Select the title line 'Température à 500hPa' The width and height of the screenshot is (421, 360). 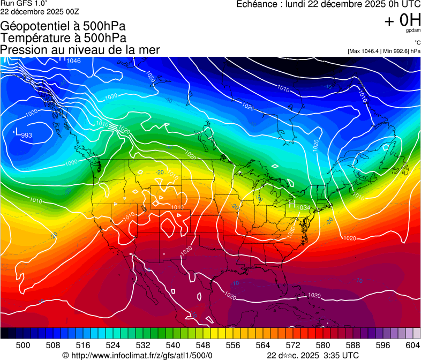click(x=63, y=37)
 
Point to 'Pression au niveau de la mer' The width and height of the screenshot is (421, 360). click(x=80, y=50)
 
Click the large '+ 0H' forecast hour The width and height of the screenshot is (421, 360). click(x=402, y=20)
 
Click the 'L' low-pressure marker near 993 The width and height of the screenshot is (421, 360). click(x=18, y=132)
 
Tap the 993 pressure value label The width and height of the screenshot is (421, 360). click(x=27, y=135)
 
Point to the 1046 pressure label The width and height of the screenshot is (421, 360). click(x=73, y=61)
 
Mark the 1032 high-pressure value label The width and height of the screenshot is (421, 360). click(x=303, y=207)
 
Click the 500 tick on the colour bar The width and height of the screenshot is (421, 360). click(x=23, y=345)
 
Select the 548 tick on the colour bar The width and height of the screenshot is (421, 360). click(x=203, y=345)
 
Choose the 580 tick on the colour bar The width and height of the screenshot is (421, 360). click(x=323, y=345)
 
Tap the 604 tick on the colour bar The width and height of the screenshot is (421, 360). click(x=413, y=345)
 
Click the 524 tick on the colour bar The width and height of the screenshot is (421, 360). click(x=113, y=345)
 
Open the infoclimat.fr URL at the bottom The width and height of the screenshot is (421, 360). click(x=142, y=355)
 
